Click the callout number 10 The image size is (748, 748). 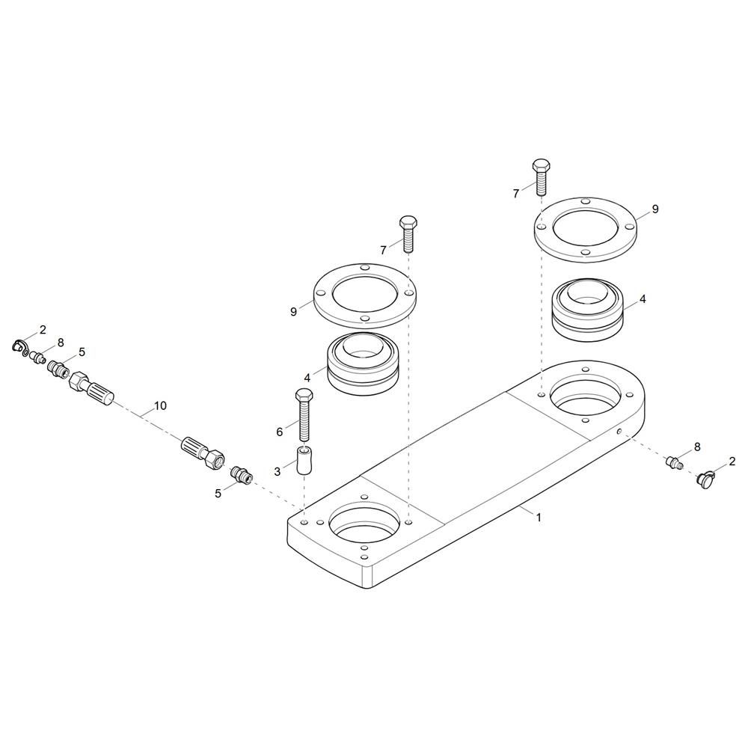pyautogui.click(x=160, y=406)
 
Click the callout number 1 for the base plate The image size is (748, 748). pyautogui.click(x=539, y=517)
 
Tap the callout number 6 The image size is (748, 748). pyautogui.click(x=280, y=432)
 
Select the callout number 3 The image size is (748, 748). pyautogui.click(x=278, y=472)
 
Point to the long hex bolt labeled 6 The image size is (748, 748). pyautogui.click(x=304, y=414)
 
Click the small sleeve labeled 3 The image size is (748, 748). pyautogui.click(x=304, y=460)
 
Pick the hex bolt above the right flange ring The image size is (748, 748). pyautogui.click(x=541, y=177)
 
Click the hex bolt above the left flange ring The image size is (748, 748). pyautogui.click(x=408, y=233)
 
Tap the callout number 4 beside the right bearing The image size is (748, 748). pyautogui.click(x=643, y=299)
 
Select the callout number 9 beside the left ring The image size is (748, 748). pyautogui.click(x=293, y=312)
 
